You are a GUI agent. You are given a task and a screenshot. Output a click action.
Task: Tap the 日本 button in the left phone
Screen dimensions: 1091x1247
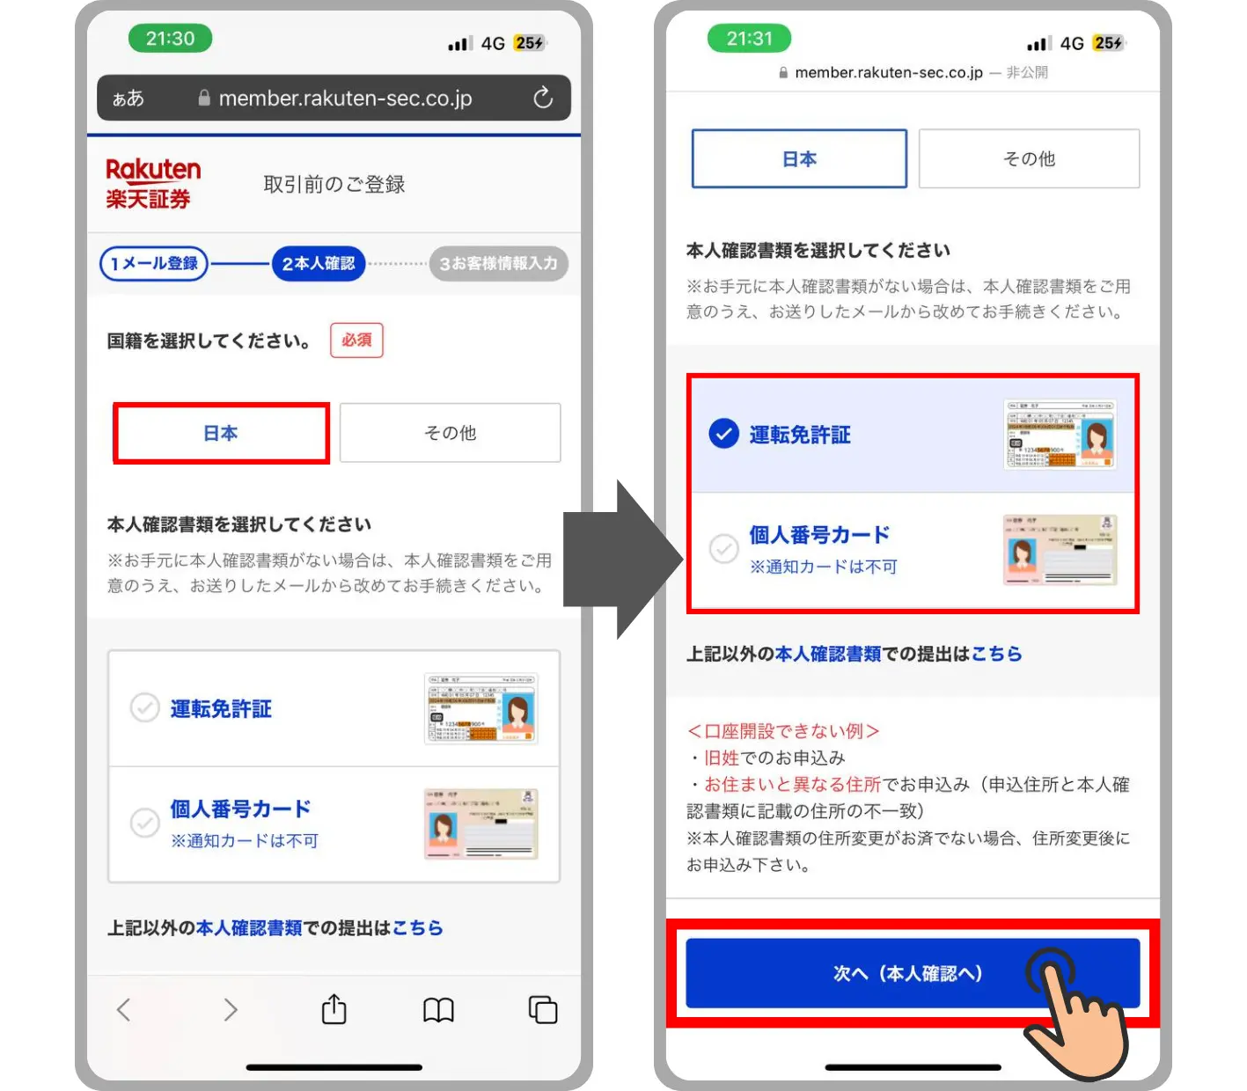221,433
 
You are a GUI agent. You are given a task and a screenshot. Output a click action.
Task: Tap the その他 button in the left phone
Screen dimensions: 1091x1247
450,433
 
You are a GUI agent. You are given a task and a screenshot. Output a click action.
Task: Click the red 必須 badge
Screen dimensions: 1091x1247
356,340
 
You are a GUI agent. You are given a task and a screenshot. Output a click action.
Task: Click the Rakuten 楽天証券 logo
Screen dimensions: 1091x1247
152,184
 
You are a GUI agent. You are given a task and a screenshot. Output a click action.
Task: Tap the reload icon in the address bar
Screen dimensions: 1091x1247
543,98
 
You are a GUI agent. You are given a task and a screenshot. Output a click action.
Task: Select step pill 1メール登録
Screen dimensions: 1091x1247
154,263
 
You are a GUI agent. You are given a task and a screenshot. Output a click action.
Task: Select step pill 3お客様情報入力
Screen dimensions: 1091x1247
498,263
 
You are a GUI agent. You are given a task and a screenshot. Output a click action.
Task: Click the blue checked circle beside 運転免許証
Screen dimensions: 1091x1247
723,434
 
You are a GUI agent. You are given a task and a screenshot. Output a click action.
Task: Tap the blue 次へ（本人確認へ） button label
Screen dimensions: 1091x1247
907,973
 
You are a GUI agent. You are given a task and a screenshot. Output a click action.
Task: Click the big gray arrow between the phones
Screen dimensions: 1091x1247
620,560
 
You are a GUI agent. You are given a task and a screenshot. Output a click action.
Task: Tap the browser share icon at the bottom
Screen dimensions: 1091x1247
334,1009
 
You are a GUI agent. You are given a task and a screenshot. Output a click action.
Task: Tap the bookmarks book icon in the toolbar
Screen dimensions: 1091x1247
438,1010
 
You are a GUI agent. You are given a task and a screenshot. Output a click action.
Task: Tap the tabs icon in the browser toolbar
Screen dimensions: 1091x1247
542,1009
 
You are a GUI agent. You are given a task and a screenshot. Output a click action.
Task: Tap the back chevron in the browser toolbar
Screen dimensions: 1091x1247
124,1009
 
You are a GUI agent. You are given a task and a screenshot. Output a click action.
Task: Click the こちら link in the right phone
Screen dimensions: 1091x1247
996,654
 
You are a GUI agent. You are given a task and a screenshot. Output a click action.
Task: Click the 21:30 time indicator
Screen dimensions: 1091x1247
170,39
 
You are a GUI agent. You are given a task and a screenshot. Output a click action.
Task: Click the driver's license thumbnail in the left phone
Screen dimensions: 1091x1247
480,708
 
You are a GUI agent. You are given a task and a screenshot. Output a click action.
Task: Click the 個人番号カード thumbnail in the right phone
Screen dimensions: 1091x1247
1060,550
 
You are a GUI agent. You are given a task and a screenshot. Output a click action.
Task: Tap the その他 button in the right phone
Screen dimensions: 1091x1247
1029,158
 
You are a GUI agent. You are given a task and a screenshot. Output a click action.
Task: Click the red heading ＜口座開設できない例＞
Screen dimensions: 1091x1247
782,731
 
